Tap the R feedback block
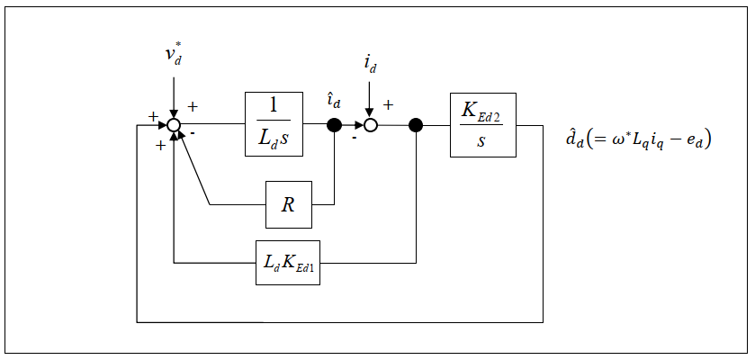click(x=288, y=204)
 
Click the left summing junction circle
click(x=175, y=125)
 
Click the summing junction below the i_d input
click(x=370, y=125)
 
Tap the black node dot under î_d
click(x=334, y=125)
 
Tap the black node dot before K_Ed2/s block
click(x=416, y=125)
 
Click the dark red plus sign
click(x=160, y=146)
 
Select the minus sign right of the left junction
click(x=193, y=132)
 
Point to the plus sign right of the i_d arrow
click(x=389, y=104)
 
